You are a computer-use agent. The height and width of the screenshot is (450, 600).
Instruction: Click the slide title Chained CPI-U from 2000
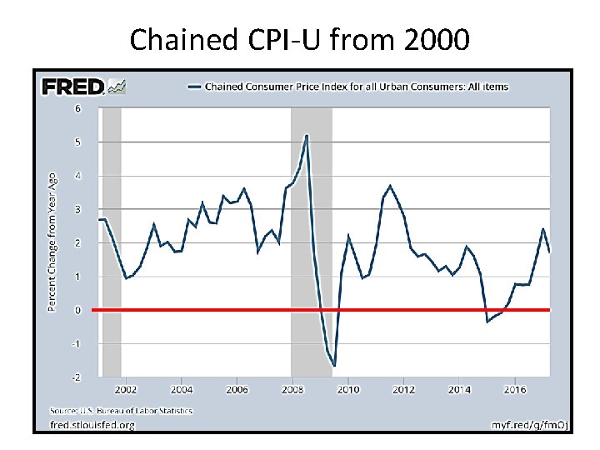click(x=300, y=38)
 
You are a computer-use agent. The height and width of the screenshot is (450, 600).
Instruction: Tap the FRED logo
click(x=72, y=86)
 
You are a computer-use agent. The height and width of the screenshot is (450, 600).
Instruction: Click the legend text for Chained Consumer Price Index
click(x=356, y=87)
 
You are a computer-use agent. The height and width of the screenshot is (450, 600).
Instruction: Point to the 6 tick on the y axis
click(x=78, y=108)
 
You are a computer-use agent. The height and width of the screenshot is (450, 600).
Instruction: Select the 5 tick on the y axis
click(x=78, y=142)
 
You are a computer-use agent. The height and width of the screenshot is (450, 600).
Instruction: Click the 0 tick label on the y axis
click(x=78, y=310)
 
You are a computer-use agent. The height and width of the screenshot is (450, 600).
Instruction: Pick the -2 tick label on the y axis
click(x=77, y=377)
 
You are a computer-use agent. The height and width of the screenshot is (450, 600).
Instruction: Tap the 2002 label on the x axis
click(x=126, y=389)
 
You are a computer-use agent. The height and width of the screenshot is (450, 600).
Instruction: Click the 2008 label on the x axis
click(x=292, y=389)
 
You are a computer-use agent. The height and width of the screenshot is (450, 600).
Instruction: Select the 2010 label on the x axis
click(x=348, y=389)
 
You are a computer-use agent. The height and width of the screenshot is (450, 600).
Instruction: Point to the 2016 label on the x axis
click(x=515, y=389)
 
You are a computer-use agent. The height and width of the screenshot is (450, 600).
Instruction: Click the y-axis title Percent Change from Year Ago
click(x=52, y=236)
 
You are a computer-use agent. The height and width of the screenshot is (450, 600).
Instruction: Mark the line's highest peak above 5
click(x=307, y=135)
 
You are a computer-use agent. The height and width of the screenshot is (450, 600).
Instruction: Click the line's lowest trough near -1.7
click(x=334, y=365)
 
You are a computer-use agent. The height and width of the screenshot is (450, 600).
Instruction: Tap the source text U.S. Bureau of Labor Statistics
click(x=121, y=411)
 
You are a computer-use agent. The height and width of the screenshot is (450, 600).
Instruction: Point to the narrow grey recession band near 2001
click(x=112, y=242)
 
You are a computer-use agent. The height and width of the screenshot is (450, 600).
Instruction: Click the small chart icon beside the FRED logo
click(x=117, y=86)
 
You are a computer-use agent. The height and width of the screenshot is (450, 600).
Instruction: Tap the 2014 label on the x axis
click(x=459, y=389)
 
